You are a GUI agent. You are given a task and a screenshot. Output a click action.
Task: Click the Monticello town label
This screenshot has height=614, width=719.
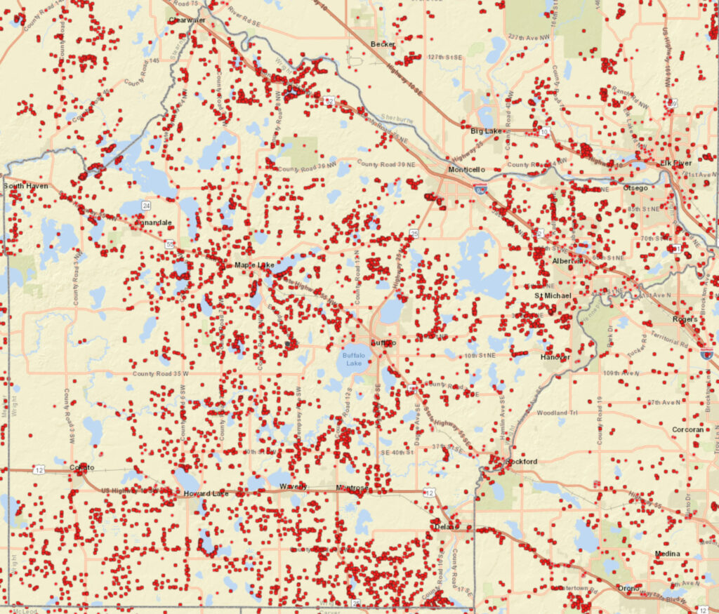(467, 171)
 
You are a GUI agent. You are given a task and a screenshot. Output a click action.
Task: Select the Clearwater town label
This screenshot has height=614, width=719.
(187, 20)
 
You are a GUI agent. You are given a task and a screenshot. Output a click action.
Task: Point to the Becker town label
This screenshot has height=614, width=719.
(383, 44)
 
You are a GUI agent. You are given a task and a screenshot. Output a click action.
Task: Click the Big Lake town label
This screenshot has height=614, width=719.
(484, 131)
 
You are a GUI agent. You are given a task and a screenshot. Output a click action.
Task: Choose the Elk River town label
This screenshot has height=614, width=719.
(675, 163)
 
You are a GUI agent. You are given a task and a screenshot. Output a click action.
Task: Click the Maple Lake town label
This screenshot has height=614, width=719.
(253, 265)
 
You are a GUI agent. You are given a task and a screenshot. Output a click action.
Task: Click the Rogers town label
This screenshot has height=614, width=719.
(685, 319)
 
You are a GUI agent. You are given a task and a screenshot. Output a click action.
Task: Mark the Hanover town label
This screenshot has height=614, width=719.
(555, 357)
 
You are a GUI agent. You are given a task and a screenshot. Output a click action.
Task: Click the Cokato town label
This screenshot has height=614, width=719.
(81, 467)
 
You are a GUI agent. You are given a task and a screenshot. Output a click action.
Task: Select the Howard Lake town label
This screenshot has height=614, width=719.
(206, 494)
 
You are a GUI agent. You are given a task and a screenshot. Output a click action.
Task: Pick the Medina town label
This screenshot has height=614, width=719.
(667, 554)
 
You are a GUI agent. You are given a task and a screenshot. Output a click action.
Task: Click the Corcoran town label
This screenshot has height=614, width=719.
(687, 429)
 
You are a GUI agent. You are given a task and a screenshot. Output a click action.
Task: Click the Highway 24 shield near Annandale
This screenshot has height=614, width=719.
(146, 206)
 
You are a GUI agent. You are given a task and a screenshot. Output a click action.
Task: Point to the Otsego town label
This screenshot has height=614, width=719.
(636, 188)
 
